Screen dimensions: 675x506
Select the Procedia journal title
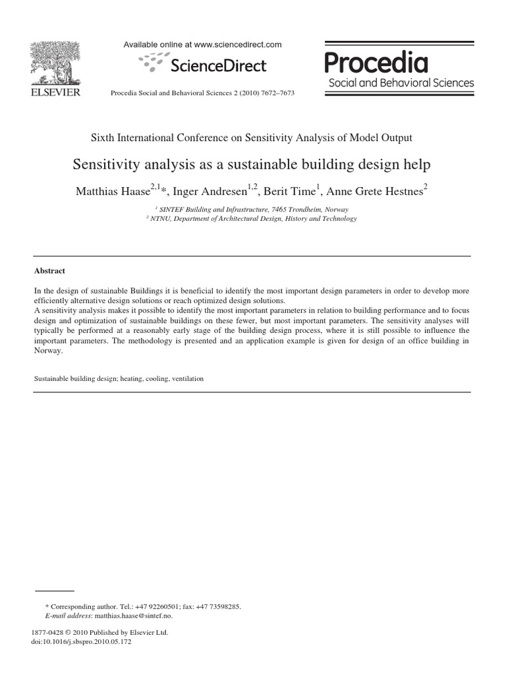pos(376,63)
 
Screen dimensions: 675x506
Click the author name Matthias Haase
pos(111,192)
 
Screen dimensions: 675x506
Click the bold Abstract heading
pos(49,271)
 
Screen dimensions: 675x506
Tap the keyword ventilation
pos(187,379)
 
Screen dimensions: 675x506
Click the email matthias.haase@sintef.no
pos(138,616)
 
